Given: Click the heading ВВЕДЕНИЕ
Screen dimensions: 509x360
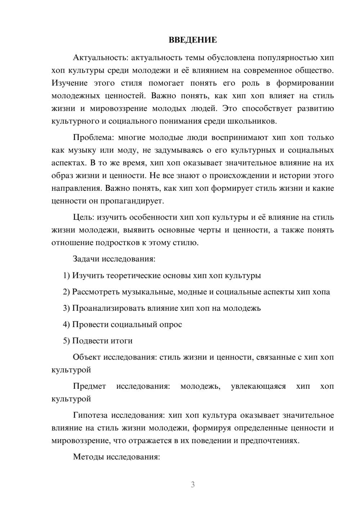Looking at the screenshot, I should tap(193, 40).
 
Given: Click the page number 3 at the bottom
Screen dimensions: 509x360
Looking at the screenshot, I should tap(193, 485).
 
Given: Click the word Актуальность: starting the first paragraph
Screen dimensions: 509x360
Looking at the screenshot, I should tap(100, 58).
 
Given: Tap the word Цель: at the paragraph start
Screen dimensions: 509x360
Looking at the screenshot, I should tap(84, 217).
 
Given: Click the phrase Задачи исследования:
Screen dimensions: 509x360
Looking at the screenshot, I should tap(114, 259).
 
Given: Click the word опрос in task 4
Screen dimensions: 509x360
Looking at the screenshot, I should tap(171, 324).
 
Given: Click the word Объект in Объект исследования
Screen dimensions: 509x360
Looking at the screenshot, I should tap(87, 357).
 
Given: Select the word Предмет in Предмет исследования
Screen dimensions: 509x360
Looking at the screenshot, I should tap(89, 386).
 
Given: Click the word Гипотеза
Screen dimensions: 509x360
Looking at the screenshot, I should tap(90, 415).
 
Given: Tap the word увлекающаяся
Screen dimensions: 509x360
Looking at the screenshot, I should tap(258, 386).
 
